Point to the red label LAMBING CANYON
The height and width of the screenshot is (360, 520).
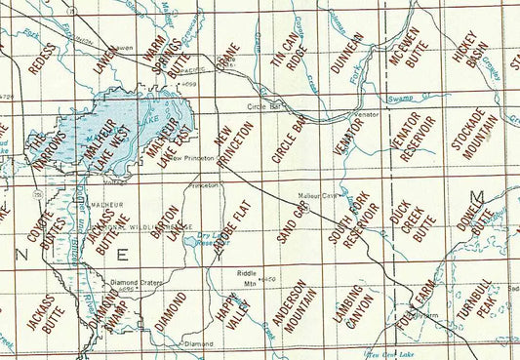tap(347, 308)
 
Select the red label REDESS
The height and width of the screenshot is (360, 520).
tap(39, 59)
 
